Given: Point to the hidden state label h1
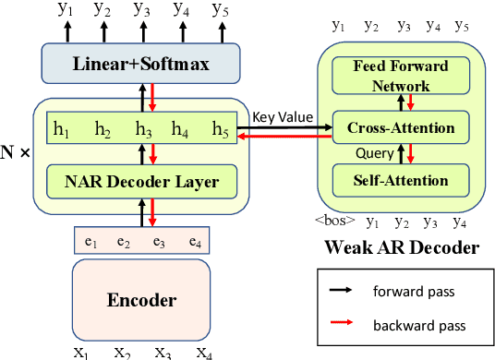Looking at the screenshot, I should [63, 128].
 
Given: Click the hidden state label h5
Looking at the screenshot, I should [221, 128].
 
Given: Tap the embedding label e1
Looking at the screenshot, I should [91, 242].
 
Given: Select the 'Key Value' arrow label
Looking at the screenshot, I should [283, 118].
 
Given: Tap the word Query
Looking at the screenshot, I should [374, 153].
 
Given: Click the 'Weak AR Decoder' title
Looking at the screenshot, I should [402, 246].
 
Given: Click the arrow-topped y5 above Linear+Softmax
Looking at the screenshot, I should [220, 12].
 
